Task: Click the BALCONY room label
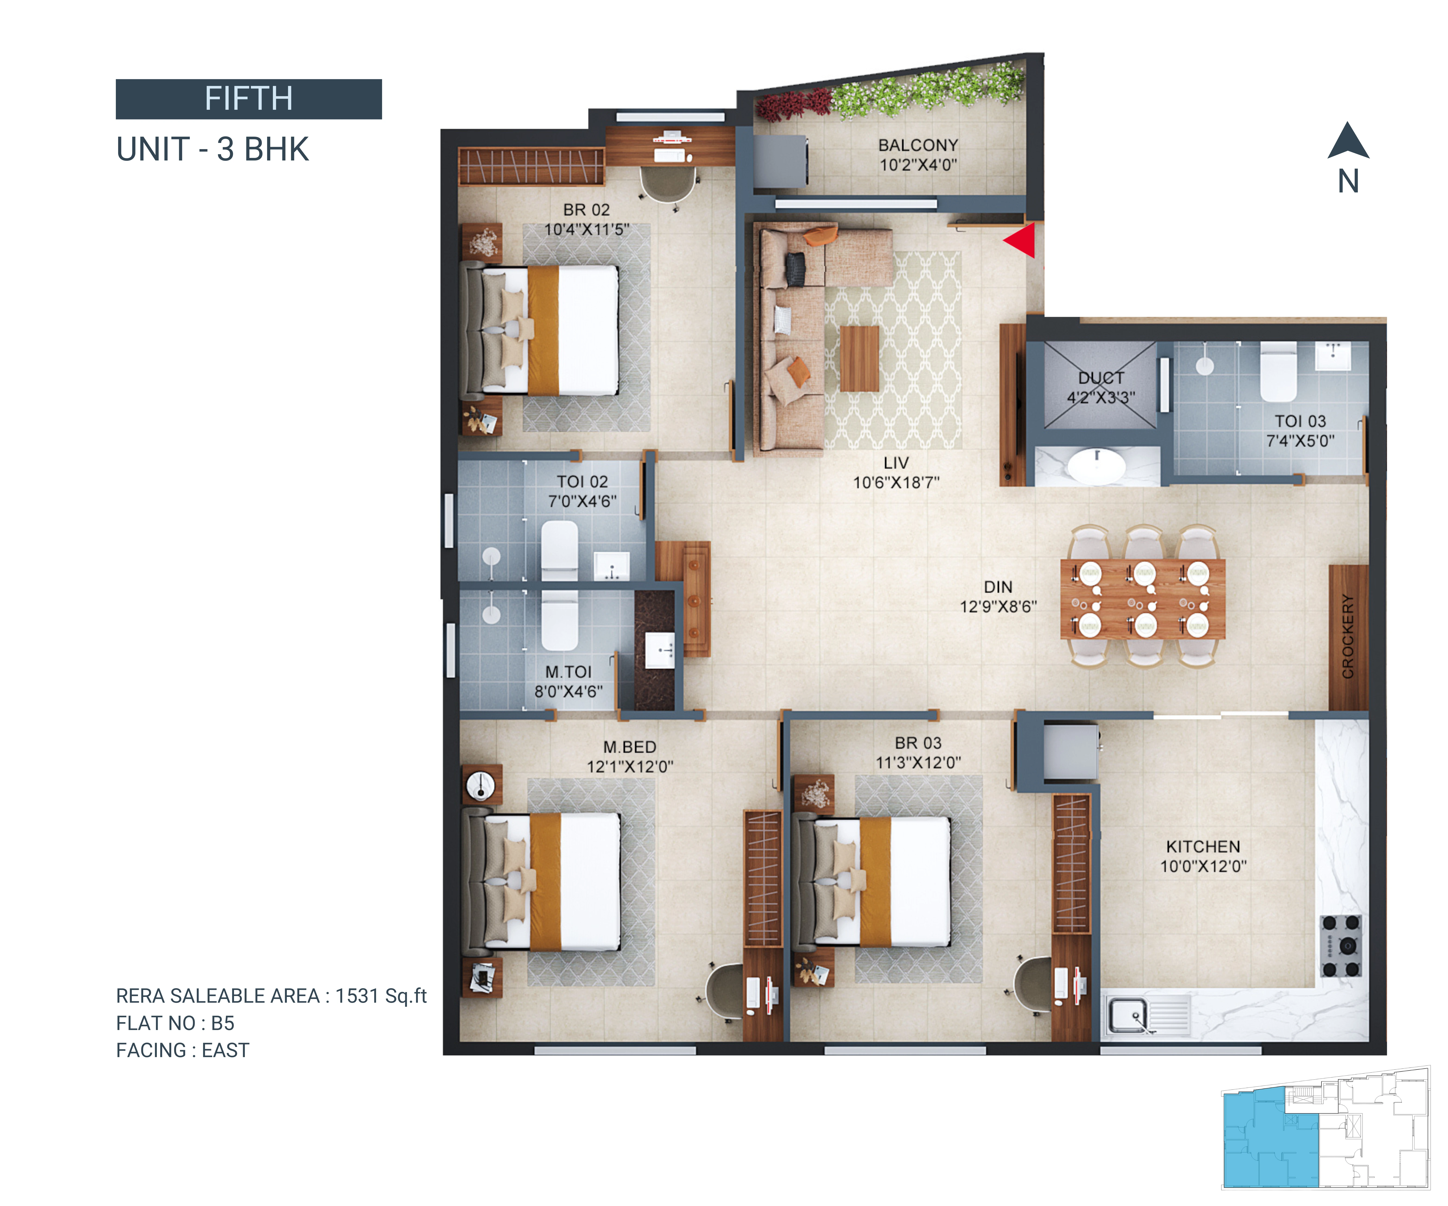pos(918,145)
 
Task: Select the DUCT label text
pos(1101,378)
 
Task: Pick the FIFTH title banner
pos(249,99)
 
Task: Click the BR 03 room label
pos(918,743)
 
